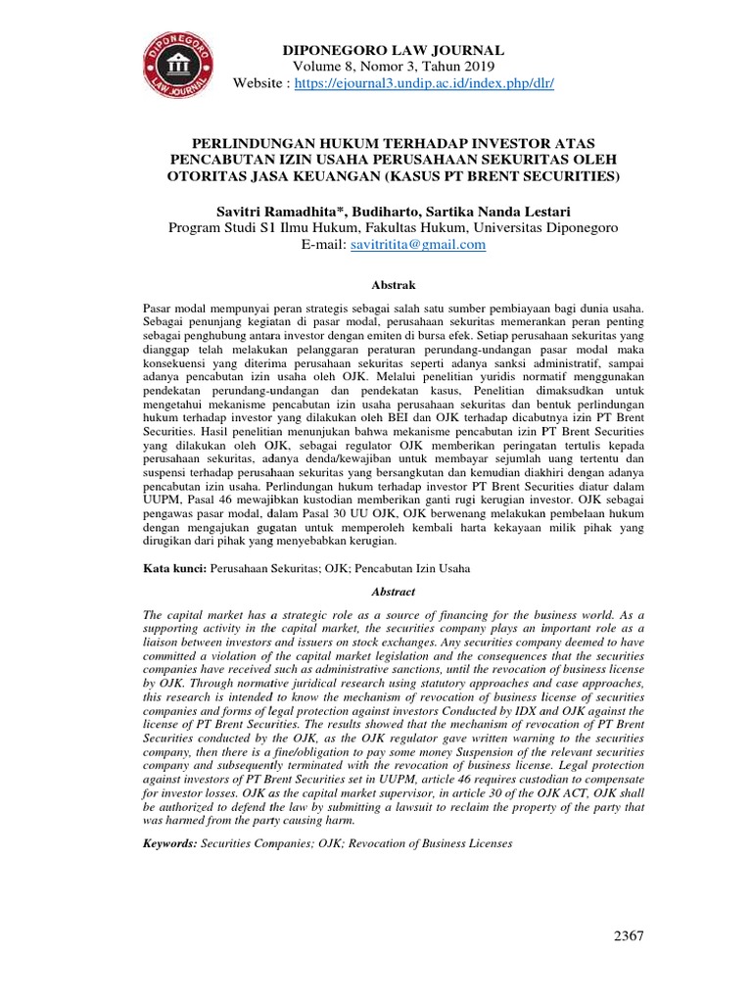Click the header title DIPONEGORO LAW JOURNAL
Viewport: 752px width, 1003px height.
(394, 49)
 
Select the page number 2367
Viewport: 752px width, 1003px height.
(629, 936)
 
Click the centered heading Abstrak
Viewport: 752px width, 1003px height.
(394, 285)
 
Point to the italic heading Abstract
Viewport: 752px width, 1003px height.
(394, 592)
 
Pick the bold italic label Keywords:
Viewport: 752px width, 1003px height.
(170, 842)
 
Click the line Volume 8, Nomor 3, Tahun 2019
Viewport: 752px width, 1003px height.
(393, 66)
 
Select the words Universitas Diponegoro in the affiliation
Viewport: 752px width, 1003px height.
(544, 227)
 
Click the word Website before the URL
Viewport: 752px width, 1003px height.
(259, 83)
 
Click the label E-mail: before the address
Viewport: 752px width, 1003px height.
(323, 245)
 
